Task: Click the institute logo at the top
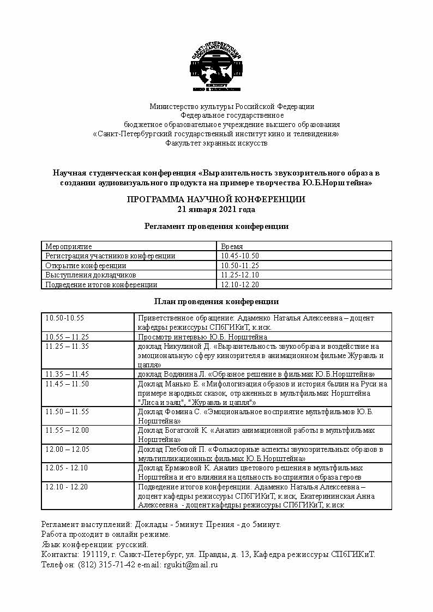pos(216,68)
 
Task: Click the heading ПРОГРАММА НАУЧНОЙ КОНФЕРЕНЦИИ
pos(216,199)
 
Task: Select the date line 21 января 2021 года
pos(216,209)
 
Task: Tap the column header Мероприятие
pos(69,246)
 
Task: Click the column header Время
pos(232,246)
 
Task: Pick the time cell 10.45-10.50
pos(239,256)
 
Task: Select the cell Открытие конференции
pos(86,265)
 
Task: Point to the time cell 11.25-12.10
pos(239,275)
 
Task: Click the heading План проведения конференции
pos(216,301)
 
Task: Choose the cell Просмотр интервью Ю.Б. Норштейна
pos(210,337)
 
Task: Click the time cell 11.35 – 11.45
pos(67,374)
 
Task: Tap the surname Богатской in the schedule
pos(185,431)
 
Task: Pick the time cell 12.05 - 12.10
pos(67,468)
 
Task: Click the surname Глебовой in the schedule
pos(184,450)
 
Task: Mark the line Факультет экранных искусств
pos(216,143)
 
